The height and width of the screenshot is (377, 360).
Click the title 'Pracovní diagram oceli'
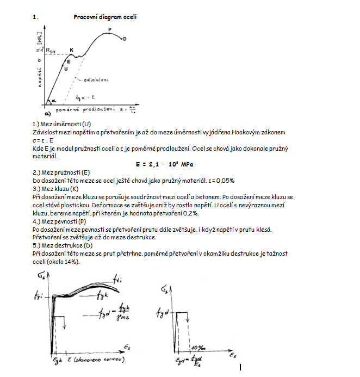(105, 17)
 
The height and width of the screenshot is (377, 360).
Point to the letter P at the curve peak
(109, 29)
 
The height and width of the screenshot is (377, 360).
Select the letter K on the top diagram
(71, 50)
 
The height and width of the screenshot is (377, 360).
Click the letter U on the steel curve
(66, 69)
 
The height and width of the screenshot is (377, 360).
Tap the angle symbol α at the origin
(53, 101)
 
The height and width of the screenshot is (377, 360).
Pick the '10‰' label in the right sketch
(197, 347)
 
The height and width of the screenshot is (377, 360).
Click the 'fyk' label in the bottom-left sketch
(104, 295)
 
